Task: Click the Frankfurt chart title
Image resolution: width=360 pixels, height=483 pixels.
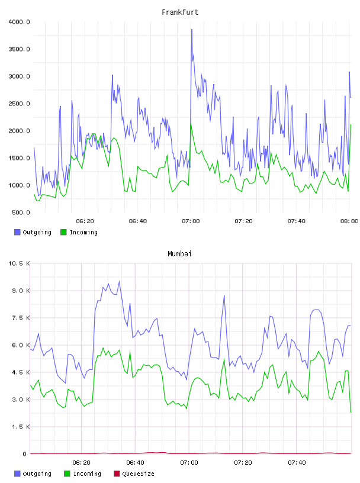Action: point(180,12)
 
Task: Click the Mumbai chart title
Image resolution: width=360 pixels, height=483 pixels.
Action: point(179,254)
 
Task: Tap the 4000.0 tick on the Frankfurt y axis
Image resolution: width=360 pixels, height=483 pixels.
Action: point(19,22)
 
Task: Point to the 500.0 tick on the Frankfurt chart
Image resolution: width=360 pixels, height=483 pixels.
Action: point(21,212)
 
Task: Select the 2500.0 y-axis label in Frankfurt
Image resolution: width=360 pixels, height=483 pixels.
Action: point(19,104)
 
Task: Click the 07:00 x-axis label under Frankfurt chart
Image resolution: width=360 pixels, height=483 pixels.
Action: point(191,221)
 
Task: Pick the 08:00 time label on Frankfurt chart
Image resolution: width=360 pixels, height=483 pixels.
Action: point(349,221)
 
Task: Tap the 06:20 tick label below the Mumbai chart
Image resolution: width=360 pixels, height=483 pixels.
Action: point(81,463)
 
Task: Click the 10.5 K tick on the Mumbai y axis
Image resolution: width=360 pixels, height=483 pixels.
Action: point(19,263)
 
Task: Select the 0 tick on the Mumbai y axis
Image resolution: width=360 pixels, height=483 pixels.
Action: point(25,454)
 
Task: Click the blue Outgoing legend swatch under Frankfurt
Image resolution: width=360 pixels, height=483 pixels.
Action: point(17,232)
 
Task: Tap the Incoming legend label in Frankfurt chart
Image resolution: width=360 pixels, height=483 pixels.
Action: point(83,232)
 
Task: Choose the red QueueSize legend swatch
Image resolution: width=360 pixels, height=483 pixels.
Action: point(117,474)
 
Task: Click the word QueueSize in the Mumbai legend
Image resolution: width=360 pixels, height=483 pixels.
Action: point(138,474)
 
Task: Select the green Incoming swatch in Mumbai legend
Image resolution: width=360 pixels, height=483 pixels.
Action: point(67,474)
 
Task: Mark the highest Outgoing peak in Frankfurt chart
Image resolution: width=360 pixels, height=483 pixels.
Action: point(192,30)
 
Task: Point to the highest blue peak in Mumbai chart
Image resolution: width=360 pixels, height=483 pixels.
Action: point(119,281)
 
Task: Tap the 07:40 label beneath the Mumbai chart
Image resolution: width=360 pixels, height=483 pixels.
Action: point(297,463)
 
